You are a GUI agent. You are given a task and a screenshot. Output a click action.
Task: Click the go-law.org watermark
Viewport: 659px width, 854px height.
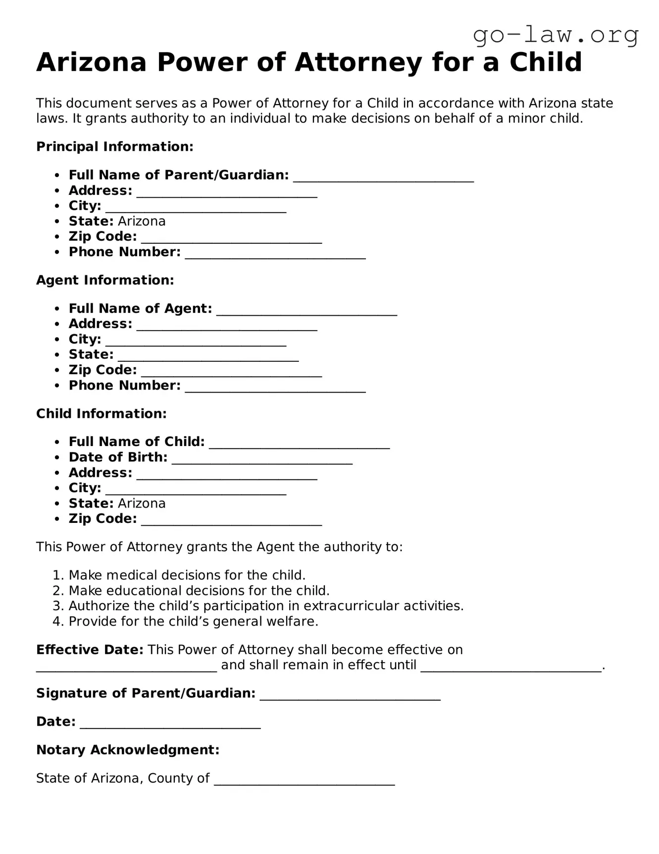point(556,36)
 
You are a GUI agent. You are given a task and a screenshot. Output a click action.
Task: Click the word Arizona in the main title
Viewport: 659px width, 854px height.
point(92,62)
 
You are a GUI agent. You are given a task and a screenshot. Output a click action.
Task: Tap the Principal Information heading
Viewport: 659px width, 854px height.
point(114,147)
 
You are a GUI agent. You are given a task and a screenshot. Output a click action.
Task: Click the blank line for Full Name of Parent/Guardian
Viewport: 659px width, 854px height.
point(383,177)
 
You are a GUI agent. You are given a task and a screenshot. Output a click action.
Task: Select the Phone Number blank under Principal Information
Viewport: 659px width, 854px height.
point(275,254)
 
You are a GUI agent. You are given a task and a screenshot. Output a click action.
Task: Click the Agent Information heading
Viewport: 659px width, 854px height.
point(105,280)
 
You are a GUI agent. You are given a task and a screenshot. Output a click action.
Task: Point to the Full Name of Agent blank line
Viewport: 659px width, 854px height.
point(307,311)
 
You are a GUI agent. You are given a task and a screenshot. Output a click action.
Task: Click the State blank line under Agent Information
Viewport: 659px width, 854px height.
point(208,357)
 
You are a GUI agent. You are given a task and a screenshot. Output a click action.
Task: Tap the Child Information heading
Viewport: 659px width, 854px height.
point(101,413)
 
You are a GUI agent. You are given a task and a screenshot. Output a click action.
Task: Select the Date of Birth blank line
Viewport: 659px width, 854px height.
point(262,459)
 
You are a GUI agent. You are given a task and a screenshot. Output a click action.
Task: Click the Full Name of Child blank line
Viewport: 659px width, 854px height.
point(299,444)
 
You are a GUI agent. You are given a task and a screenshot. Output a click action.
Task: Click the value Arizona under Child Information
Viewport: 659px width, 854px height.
point(142,504)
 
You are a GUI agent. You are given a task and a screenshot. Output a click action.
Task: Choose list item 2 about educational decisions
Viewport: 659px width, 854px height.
point(199,591)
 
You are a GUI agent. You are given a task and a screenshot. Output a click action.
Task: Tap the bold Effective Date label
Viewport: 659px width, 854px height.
point(90,650)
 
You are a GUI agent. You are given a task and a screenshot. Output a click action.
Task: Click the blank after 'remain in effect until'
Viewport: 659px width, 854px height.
point(510,667)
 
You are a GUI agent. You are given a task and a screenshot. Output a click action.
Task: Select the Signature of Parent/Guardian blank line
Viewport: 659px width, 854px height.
point(350,695)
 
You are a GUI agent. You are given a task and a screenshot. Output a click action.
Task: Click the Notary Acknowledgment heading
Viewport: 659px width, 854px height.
point(128,749)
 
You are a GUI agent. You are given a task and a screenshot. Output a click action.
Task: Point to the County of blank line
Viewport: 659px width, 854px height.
point(304,781)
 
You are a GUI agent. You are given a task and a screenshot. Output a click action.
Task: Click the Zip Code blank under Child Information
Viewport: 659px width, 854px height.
point(231,521)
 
